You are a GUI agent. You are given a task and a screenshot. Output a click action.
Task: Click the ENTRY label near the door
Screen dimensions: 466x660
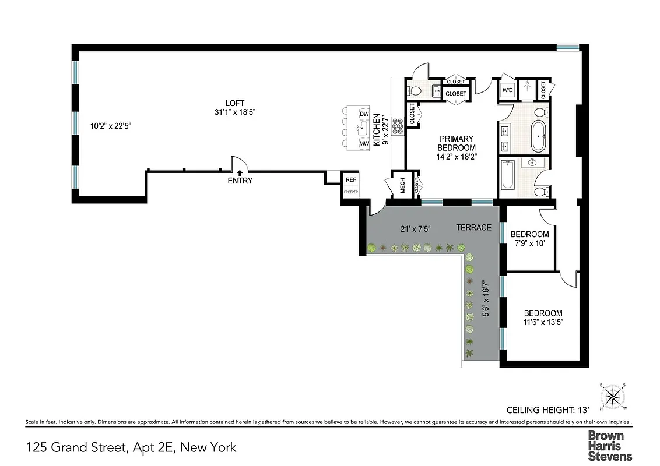pyautogui.click(x=240, y=181)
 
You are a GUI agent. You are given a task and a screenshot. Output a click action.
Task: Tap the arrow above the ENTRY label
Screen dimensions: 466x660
pyautogui.click(x=240, y=172)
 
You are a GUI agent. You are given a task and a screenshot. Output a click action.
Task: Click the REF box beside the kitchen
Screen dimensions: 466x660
pyautogui.click(x=351, y=180)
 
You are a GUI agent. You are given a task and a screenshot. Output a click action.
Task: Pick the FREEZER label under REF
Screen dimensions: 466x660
pyautogui.click(x=351, y=192)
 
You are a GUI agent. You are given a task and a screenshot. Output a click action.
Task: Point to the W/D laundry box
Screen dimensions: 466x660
pyautogui.click(x=507, y=90)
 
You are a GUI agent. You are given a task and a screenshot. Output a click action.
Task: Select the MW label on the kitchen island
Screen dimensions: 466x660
pyautogui.click(x=364, y=143)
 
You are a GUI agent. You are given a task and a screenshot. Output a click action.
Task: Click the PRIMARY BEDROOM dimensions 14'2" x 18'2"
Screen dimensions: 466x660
pyautogui.click(x=457, y=156)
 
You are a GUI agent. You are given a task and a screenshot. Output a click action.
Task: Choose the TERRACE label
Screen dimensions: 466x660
pyautogui.click(x=473, y=227)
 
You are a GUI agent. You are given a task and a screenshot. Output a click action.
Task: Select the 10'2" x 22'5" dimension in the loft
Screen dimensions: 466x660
pyautogui.click(x=110, y=125)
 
